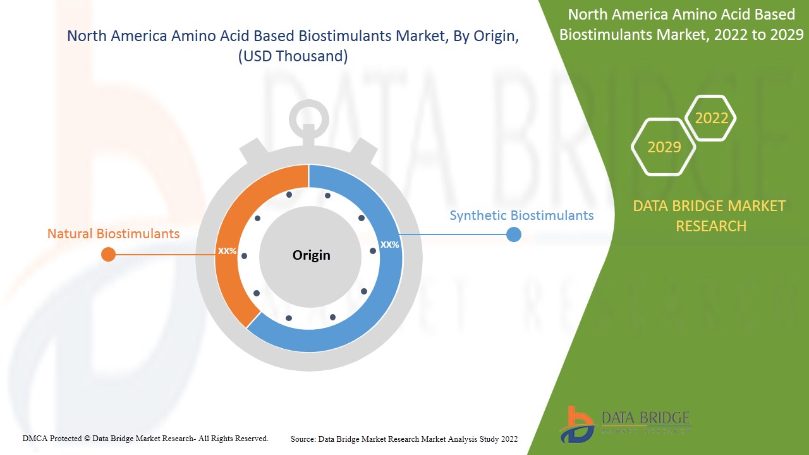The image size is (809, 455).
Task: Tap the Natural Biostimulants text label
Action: (113, 234)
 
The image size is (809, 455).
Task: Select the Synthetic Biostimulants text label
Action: (521, 215)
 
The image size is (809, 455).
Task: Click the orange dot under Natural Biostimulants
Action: (109, 254)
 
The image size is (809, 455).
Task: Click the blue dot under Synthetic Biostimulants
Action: (514, 234)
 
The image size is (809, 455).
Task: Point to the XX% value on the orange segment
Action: (227, 251)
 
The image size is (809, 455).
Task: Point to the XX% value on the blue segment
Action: (389, 245)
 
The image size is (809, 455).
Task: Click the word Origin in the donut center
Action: (311, 255)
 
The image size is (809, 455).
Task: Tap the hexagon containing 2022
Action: (711, 118)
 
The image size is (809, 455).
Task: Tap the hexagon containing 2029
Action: (664, 147)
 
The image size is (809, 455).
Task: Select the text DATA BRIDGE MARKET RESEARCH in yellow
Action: (709, 215)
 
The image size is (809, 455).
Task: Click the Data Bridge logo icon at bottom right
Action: (576, 424)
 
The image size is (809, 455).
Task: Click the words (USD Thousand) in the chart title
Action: (293, 56)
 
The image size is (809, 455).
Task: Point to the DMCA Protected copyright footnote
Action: (145, 438)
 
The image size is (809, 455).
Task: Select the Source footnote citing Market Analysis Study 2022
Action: (404, 439)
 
